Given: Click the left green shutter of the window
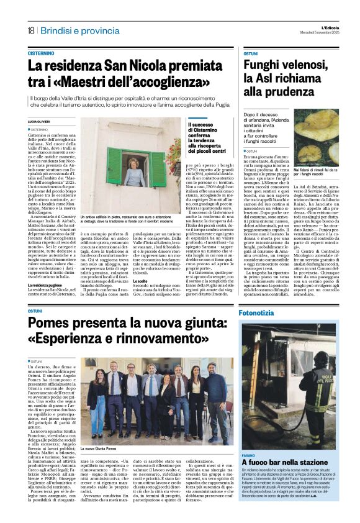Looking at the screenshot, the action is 114,167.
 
